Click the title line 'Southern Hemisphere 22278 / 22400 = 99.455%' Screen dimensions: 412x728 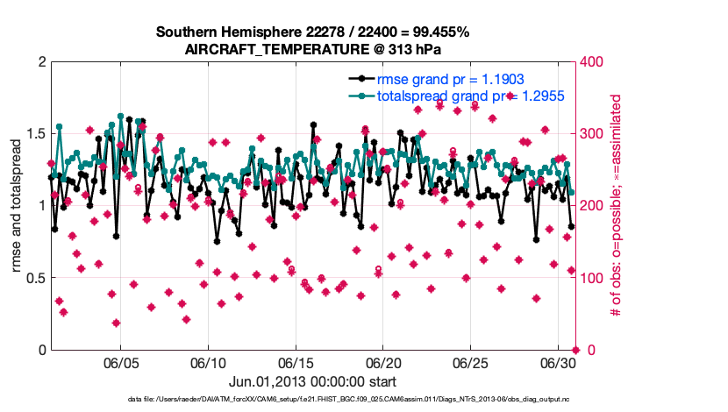312,32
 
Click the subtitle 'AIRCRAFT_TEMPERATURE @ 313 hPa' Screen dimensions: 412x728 312,49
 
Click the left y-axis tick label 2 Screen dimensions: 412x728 41,62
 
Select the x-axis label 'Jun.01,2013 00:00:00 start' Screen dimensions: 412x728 312,381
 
